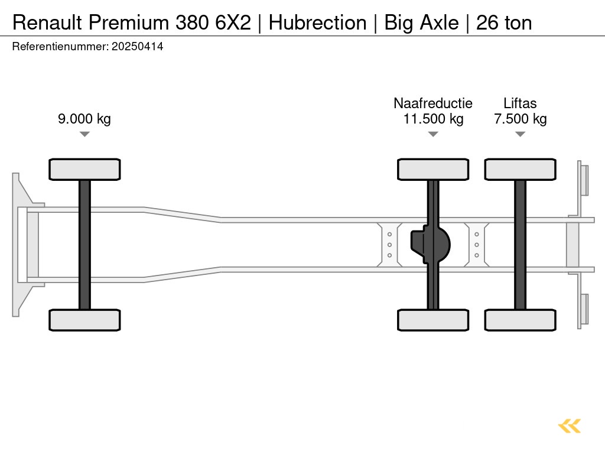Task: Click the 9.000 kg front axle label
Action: click(x=84, y=119)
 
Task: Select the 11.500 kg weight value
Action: click(x=433, y=119)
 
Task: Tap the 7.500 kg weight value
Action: click(x=520, y=119)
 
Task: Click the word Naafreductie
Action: click(x=433, y=103)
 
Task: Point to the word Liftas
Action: click(x=520, y=103)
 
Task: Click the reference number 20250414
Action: click(x=137, y=47)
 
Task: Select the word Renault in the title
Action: click(x=48, y=22)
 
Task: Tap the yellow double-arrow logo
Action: click(x=570, y=426)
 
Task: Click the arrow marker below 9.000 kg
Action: click(x=84, y=134)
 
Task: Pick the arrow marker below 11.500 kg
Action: click(x=433, y=134)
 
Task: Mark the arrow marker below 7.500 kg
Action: click(x=520, y=134)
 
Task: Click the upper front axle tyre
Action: click(x=84, y=169)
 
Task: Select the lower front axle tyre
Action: click(x=84, y=320)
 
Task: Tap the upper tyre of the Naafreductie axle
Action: click(x=433, y=169)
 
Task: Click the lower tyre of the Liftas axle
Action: click(x=520, y=320)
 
